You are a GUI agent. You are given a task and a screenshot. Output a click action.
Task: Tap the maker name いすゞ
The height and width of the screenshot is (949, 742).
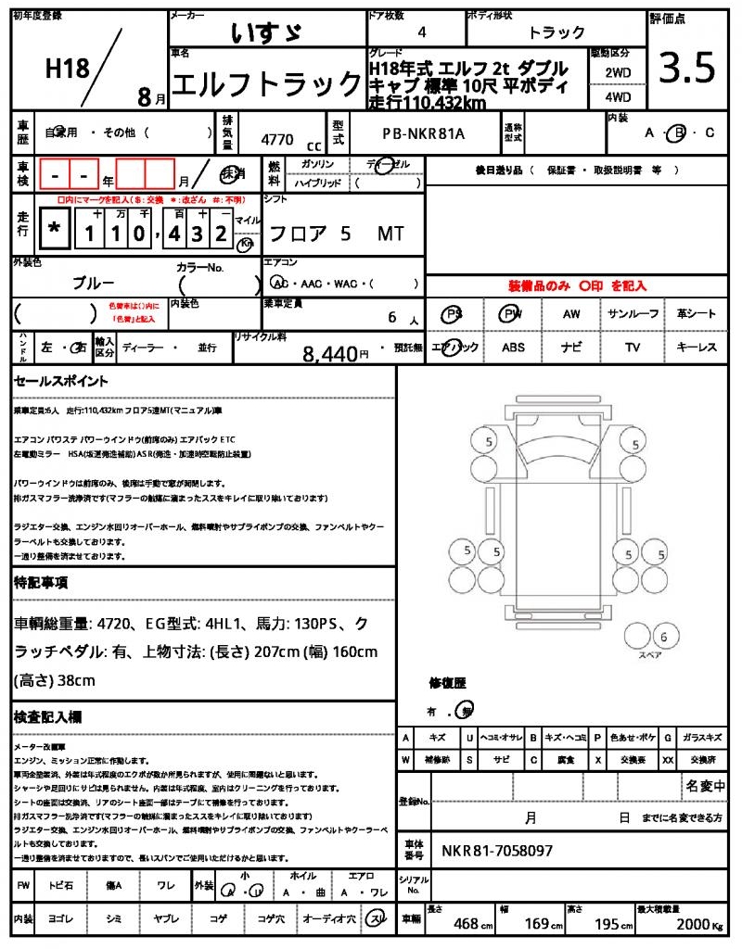[265, 32]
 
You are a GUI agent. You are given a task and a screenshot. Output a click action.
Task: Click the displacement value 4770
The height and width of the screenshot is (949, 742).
[277, 140]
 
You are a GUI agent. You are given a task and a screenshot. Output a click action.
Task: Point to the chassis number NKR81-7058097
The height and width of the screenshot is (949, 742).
[497, 850]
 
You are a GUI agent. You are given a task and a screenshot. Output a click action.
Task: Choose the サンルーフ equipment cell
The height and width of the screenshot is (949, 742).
[634, 314]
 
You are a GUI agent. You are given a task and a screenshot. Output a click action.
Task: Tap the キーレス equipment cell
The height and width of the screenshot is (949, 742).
[697, 348]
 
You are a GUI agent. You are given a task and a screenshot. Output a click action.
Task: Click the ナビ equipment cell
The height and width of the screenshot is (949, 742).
[571, 348]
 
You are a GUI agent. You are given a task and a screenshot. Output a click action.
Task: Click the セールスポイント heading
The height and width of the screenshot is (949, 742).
[60, 381]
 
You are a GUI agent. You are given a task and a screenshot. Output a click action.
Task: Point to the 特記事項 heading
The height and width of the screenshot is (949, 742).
[40, 583]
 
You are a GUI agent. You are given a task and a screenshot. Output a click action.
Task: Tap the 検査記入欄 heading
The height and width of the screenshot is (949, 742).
[47, 717]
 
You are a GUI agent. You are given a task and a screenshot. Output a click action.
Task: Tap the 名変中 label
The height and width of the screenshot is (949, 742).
[705, 786]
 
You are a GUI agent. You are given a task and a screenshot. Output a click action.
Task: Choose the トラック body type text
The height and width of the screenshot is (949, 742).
[556, 32]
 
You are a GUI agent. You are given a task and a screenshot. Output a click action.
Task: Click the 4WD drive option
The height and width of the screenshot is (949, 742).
[618, 95]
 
